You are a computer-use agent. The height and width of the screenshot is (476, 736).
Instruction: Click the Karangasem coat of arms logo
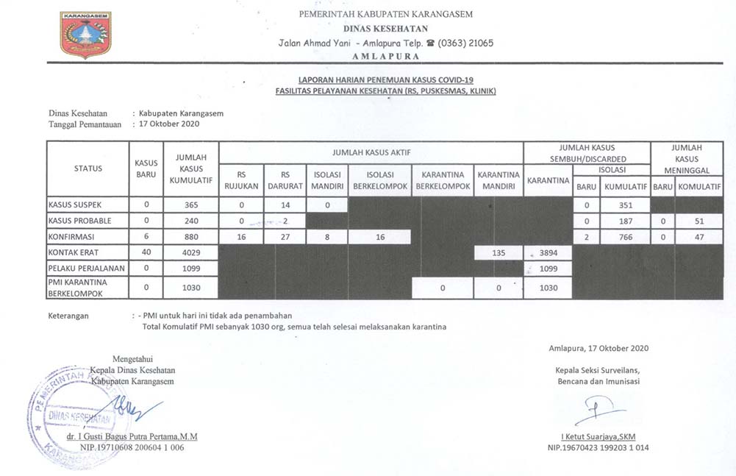pos(86,35)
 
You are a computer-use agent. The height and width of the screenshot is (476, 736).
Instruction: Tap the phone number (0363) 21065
pos(465,43)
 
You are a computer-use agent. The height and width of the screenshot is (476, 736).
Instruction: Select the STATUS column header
pos(88,168)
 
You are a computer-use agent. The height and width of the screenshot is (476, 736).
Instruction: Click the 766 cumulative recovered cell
pos(624,237)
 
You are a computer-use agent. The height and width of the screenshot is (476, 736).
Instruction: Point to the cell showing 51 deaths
pos(699,221)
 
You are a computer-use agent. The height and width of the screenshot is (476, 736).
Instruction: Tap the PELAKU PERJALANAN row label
pos(85,269)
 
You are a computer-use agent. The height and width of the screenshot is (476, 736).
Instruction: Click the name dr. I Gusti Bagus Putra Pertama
pos(132,436)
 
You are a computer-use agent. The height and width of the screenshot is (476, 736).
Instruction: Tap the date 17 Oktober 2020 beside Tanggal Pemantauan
pos(170,124)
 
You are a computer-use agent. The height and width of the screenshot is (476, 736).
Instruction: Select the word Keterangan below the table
pos(69,316)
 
